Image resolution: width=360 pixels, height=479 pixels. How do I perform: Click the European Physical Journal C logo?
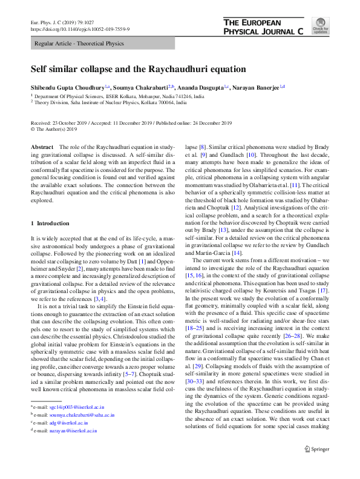coord(263,27)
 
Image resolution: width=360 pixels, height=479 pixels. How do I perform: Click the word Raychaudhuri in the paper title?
coord(181,69)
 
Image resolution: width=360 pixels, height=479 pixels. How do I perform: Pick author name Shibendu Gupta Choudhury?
coord(67,87)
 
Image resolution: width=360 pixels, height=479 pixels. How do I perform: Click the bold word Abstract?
coord(42,148)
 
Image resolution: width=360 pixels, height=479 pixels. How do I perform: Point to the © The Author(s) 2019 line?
coord(54,129)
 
